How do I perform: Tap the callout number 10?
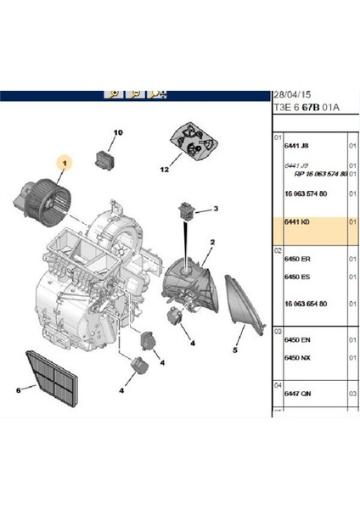point(118,132)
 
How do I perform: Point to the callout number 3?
point(216,209)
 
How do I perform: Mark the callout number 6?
point(18,390)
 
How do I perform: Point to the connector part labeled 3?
point(187,211)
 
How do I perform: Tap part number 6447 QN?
point(297,393)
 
